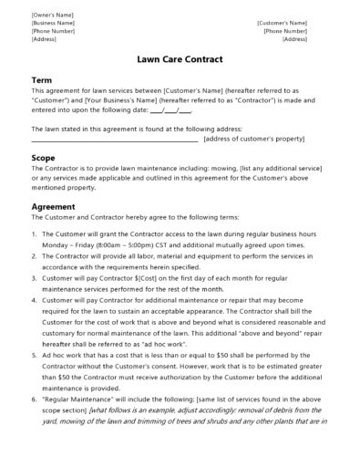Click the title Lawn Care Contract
click(x=180, y=62)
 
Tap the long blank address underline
click(x=115, y=140)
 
